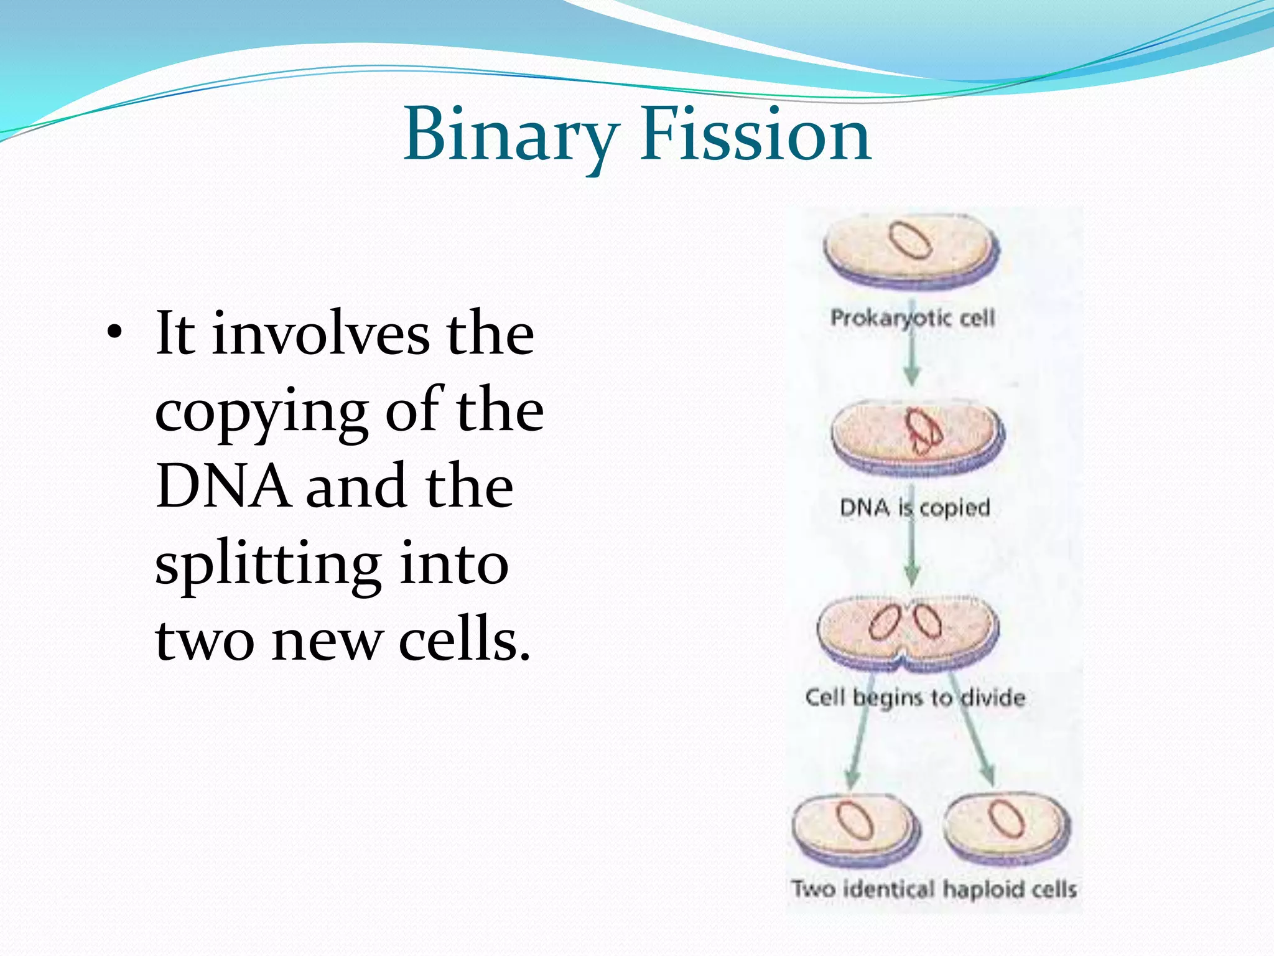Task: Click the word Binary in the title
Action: tap(510, 135)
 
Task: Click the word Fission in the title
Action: tap(755, 135)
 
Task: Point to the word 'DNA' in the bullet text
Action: tap(223, 487)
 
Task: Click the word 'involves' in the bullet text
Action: tap(320, 335)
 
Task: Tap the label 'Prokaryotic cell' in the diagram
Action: tap(913, 318)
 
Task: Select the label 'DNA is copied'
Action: tap(914, 508)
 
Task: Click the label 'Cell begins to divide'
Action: tap(914, 697)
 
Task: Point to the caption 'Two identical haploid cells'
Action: tap(933, 889)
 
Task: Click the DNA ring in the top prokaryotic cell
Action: tap(909, 240)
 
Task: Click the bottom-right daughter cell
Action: tap(1008, 828)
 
